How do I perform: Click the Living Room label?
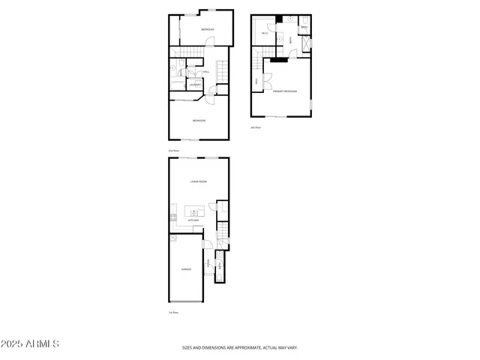(x=199, y=181)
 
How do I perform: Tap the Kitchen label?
(x=193, y=220)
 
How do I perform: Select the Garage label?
(x=186, y=268)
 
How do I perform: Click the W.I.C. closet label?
(x=265, y=32)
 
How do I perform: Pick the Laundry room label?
(x=194, y=85)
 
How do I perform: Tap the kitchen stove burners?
(x=173, y=217)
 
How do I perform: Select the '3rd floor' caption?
(x=256, y=127)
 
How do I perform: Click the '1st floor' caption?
(x=172, y=312)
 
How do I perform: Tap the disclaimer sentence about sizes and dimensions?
(x=240, y=347)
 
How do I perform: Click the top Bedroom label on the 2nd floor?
(x=207, y=30)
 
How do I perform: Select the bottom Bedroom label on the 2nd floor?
(x=199, y=121)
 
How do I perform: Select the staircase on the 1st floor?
(x=223, y=233)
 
